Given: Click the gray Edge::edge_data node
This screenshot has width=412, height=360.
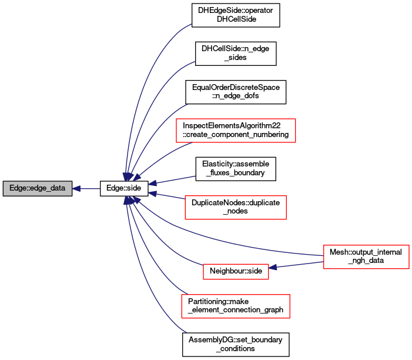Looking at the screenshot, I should point(37,188).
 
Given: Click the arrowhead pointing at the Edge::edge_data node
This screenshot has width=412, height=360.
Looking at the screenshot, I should point(76,188).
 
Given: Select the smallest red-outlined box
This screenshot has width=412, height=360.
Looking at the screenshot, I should point(236,272).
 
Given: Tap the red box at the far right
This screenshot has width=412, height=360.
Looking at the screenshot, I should point(366,257).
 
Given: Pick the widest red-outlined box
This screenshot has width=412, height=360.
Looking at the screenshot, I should point(236,131).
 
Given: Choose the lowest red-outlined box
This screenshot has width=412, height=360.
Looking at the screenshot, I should point(236,306).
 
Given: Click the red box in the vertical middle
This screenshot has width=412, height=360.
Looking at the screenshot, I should point(236,208).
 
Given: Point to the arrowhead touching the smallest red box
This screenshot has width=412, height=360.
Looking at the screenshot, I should point(273,268).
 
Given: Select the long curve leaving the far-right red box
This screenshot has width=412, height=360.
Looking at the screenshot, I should point(235,242).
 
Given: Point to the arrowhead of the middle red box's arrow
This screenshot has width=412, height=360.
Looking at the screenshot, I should point(152,193).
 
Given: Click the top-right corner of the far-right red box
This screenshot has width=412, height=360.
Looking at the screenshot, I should point(408,246).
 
